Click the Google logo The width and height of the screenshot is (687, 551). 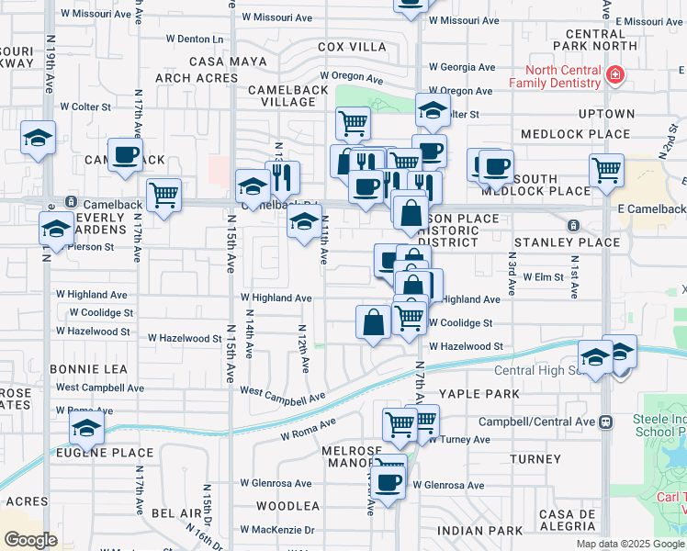31,539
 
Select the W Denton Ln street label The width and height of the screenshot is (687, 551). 195,39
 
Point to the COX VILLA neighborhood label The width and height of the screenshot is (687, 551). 353,47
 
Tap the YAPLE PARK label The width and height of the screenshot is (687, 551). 479,393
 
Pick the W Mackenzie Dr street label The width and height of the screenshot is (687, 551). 277,530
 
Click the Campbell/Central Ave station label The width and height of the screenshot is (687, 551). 537,422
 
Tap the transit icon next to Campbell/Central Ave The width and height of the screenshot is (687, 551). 605,422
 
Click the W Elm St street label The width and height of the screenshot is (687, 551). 542,275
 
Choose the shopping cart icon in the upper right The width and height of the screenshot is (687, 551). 606,170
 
